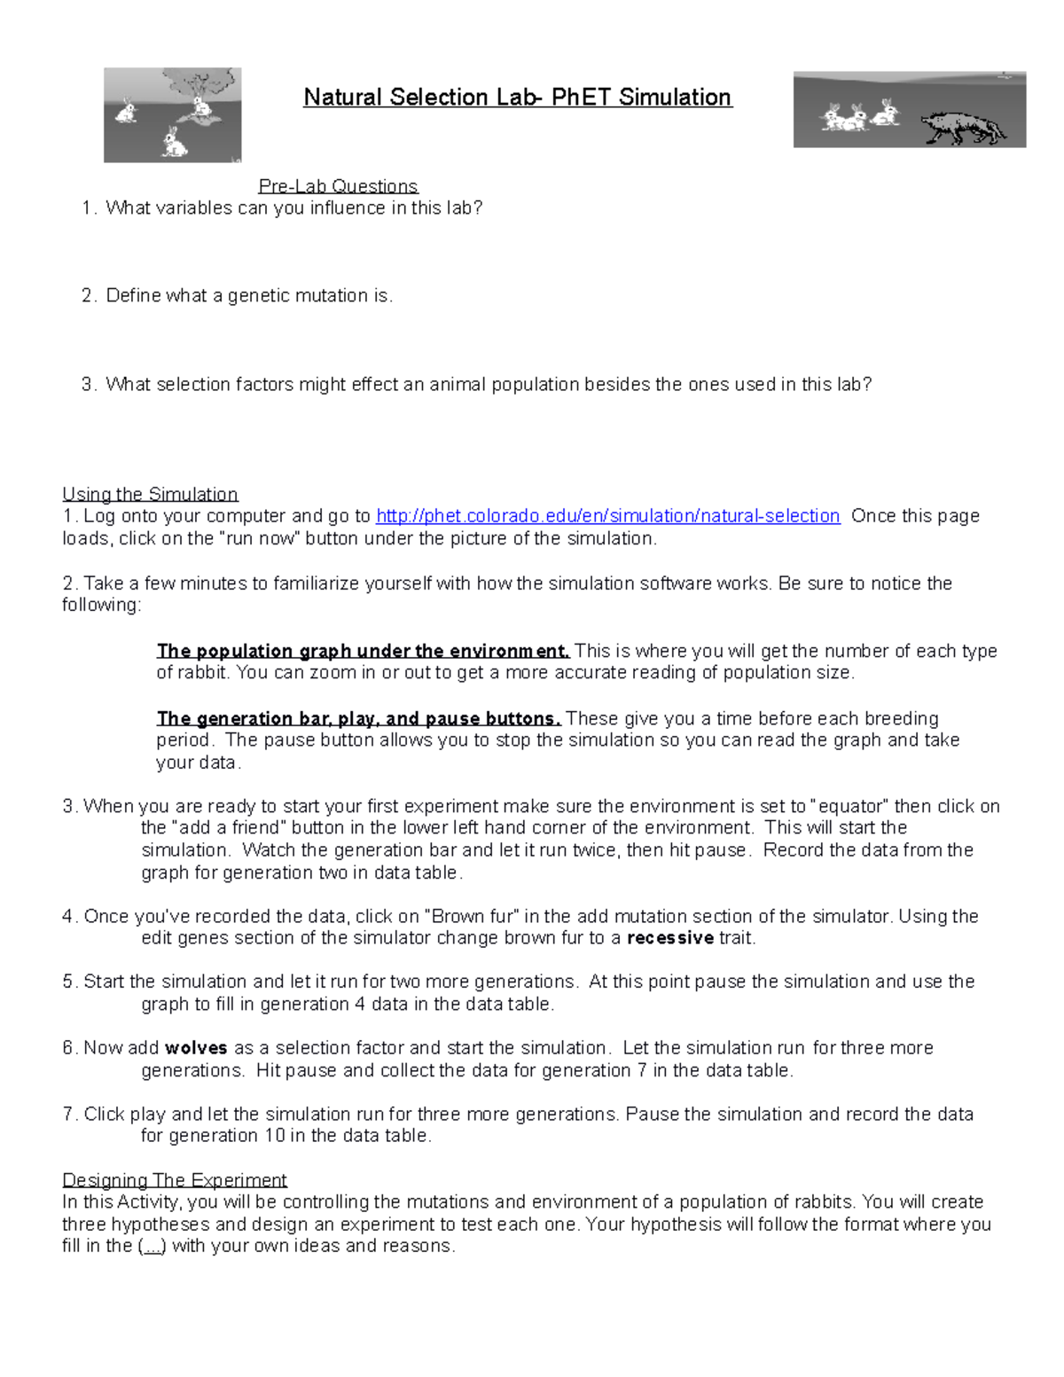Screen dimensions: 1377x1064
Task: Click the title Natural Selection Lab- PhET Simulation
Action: (x=517, y=97)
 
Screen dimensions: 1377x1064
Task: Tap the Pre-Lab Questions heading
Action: (x=338, y=186)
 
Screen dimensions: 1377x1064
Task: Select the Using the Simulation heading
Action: (x=150, y=494)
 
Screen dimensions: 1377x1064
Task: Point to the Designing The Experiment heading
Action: (x=175, y=1180)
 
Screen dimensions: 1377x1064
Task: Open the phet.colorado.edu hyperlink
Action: (x=607, y=516)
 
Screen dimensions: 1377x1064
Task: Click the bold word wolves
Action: (x=196, y=1048)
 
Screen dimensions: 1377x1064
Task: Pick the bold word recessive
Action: (x=669, y=938)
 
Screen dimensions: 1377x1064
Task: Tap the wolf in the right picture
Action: (x=963, y=127)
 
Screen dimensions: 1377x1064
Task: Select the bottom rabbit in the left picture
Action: (x=174, y=142)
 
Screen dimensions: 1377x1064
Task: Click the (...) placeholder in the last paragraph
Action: (x=152, y=1246)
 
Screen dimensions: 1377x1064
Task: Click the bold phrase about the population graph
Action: (x=363, y=651)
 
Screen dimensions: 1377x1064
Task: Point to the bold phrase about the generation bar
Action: (x=358, y=718)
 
